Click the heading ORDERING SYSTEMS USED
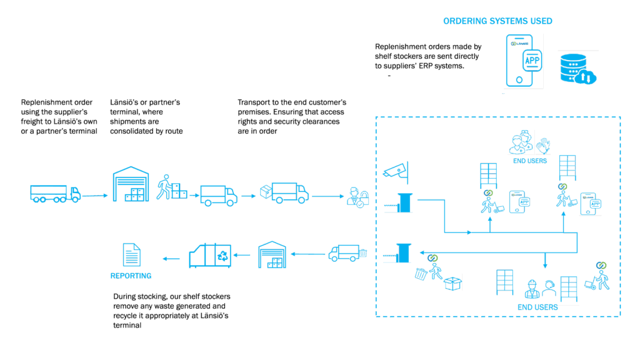(x=497, y=21)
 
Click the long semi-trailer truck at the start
(x=55, y=192)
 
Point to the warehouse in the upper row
(x=132, y=184)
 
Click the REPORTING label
(x=131, y=276)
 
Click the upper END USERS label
(x=529, y=161)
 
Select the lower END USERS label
(x=537, y=307)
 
